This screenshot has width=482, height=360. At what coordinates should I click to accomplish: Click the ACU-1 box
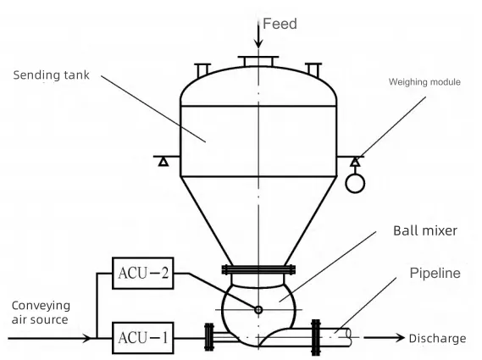click(x=143, y=338)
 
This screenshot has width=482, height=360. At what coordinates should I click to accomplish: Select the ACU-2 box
click(x=143, y=273)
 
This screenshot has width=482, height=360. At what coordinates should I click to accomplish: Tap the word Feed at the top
click(x=280, y=24)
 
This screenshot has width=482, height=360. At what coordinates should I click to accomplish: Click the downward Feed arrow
click(x=258, y=33)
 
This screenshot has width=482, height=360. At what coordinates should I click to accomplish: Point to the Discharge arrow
click(x=385, y=338)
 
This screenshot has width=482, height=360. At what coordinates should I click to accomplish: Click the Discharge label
click(x=437, y=339)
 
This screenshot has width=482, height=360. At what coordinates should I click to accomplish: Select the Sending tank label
click(x=52, y=75)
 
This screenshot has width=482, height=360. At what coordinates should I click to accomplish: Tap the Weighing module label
click(x=424, y=82)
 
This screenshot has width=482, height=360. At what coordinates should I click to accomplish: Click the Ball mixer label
click(x=425, y=230)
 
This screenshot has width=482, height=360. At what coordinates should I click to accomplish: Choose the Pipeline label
click(x=435, y=273)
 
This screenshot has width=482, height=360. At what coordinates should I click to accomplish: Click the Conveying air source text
click(x=41, y=313)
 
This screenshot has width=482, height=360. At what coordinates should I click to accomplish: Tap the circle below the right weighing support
click(x=355, y=184)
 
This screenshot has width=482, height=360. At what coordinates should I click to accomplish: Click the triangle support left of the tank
click(x=163, y=162)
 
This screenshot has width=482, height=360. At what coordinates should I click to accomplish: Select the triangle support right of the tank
click(x=355, y=162)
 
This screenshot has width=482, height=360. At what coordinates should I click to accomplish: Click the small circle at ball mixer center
click(x=258, y=309)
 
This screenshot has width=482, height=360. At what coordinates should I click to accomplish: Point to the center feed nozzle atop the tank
click(x=258, y=61)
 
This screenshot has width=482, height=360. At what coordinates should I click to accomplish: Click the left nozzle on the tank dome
click(x=202, y=70)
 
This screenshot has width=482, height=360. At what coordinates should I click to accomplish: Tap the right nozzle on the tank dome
click(x=313, y=70)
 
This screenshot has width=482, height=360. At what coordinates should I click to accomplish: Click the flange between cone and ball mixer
click(x=258, y=269)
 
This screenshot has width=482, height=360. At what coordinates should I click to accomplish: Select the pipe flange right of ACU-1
click(x=209, y=337)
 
